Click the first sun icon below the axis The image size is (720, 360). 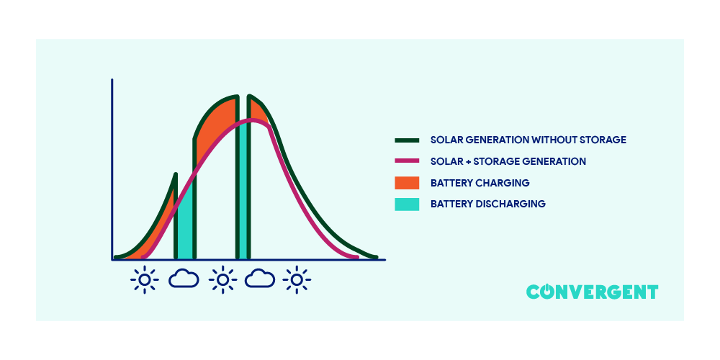(145, 279)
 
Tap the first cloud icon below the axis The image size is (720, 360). (184, 279)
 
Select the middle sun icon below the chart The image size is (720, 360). (222, 279)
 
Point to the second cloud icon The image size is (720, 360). (260, 279)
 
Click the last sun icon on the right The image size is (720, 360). (296, 279)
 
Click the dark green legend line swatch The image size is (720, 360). (407, 140)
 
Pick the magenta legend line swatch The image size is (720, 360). (407, 161)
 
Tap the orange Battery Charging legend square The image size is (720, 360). (407, 183)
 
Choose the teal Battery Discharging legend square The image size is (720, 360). (407, 204)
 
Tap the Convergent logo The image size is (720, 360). (592, 292)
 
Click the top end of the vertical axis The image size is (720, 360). (112, 81)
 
